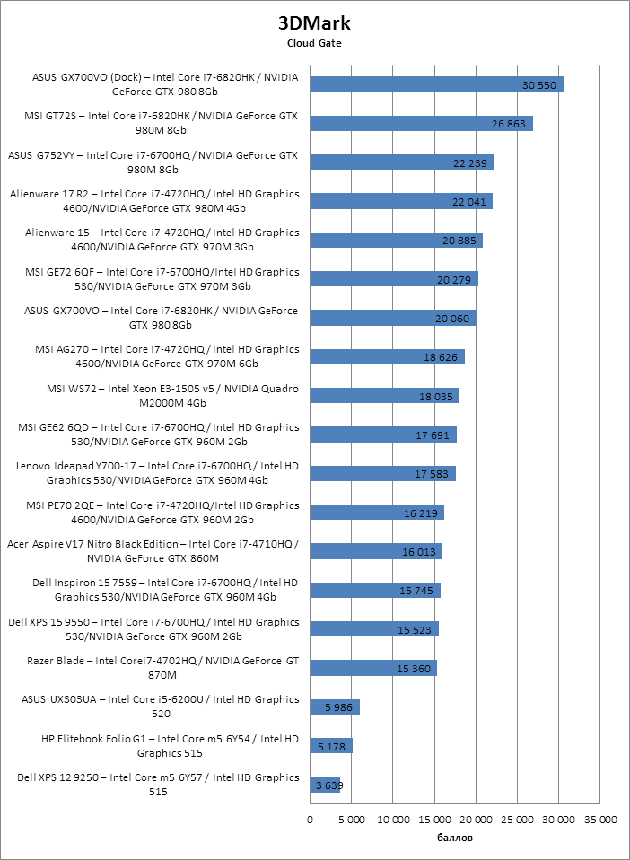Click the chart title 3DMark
pyautogui.click(x=314, y=23)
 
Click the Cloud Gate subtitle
pyautogui.click(x=314, y=42)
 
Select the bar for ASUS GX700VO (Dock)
pyautogui.click(x=436, y=84)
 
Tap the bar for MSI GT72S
pyautogui.click(x=421, y=123)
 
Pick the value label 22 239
pyautogui.click(x=471, y=162)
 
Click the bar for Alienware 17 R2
pyautogui.click(x=401, y=201)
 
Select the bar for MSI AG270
pyautogui.click(x=387, y=356)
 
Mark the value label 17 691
pyautogui.click(x=433, y=434)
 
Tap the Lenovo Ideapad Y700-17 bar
pyautogui.click(x=382, y=473)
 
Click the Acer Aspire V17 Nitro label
pyautogui.click(x=152, y=551)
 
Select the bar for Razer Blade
pyautogui.click(x=373, y=668)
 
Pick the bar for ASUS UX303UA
pyautogui.click(x=335, y=706)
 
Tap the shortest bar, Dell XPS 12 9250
pyautogui.click(x=325, y=785)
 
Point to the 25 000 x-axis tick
pyautogui.click(x=517, y=820)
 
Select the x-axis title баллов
pyautogui.click(x=454, y=838)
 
